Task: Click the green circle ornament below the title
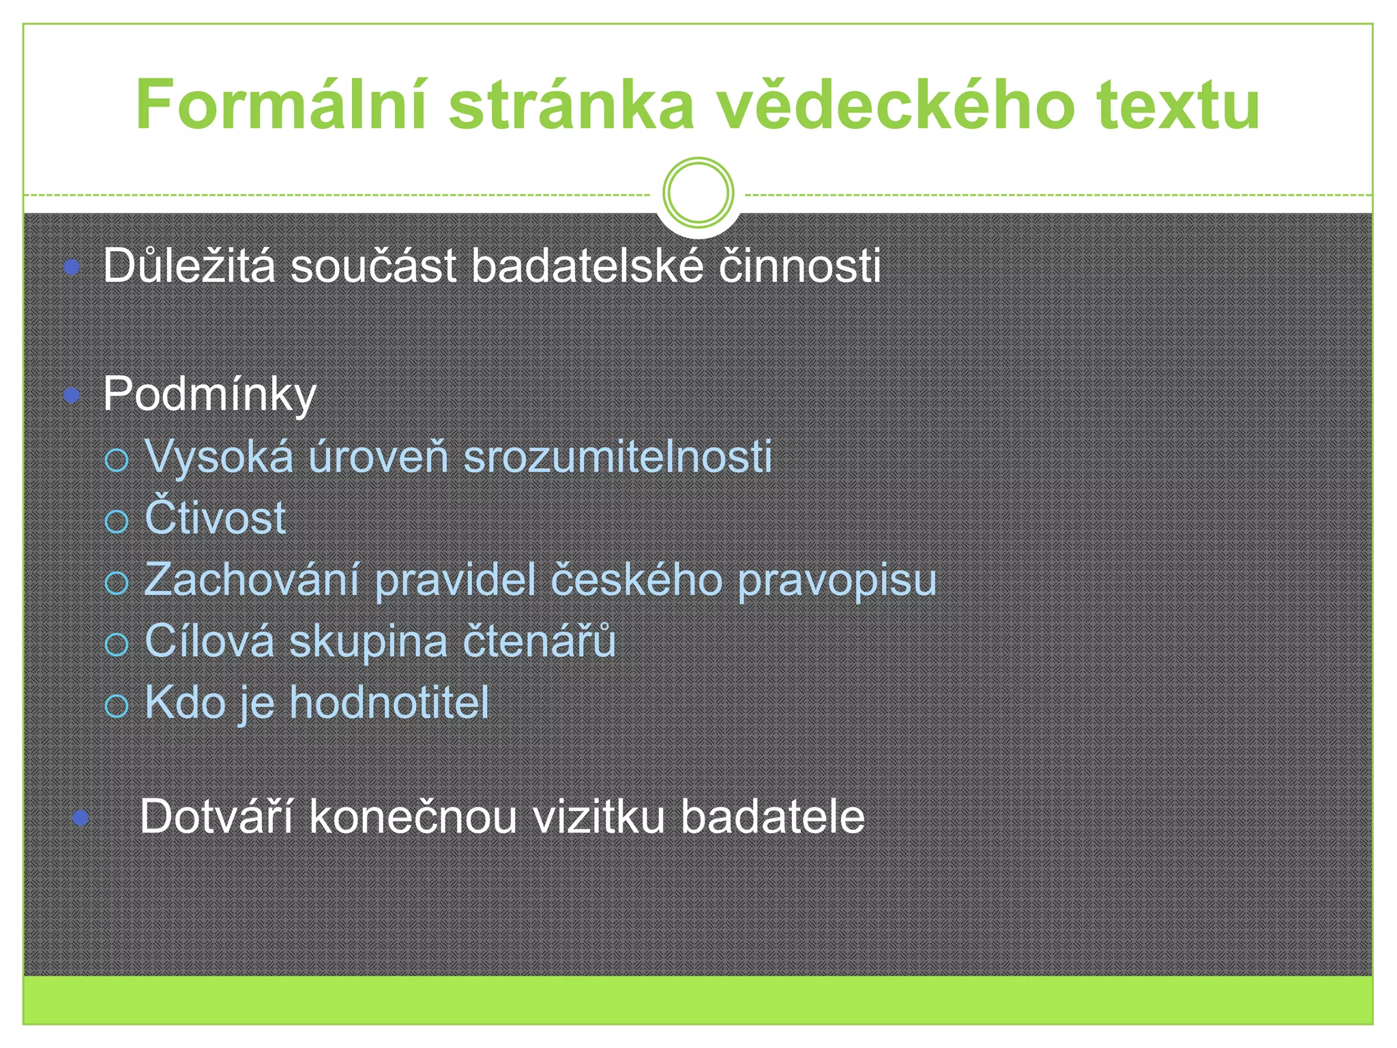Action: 698,192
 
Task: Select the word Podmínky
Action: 209,394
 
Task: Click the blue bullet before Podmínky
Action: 72,395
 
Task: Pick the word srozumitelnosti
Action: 617,456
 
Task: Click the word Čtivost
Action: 215,516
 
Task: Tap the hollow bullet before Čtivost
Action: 117,521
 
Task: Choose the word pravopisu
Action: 837,581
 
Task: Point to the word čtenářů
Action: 539,641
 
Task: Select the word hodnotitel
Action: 389,702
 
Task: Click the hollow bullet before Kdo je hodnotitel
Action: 117,705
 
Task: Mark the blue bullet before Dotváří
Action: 81,817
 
